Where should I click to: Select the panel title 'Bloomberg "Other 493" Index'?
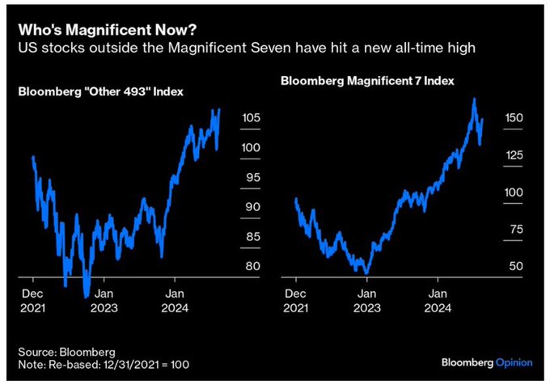pyautogui.click(x=100, y=91)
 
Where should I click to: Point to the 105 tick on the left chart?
pyautogui.click(x=251, y=119)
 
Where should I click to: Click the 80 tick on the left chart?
pyautogui.click(x=251, y=266)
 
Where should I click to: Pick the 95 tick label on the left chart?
pyautogui.click(x=251, y=178)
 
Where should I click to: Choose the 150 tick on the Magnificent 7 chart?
pyautogui.click(x=514, y=118)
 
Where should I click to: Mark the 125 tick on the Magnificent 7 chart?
pyautogui.click(x=514, y=155)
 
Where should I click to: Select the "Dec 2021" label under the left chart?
pyautogui.click(x=32, y=302)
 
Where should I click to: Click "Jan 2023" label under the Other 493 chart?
pyautogui.click(x=105, y=302)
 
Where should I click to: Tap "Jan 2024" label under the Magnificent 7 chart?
pyautogui.click(x=439, y=302)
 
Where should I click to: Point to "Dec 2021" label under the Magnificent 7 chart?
pyautogui.click(x=296, y=302)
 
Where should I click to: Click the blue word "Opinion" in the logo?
pyautogui.click(x=514, y=363)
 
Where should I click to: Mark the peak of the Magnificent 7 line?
pyautogui.click(x=474, y=99)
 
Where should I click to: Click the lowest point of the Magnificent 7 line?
pyautogui.click(x=367, y=273)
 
